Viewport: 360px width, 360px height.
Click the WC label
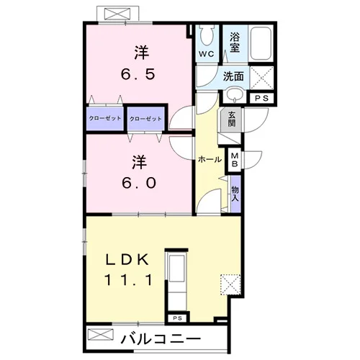(x=207, y=54)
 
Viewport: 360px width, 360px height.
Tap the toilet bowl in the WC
(x=207, y=36)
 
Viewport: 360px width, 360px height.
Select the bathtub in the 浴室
(x=261, y=43)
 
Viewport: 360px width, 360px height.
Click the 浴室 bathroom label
(x=235, y=42)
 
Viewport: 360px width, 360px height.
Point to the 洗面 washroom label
(x=233, y=76)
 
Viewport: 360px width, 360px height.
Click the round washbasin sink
(x=235, y=95)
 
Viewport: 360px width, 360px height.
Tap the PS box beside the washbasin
(x=261, y=98)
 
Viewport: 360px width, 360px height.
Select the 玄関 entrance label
(x=231, y=120)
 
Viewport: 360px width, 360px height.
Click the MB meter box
(x=235, y=160)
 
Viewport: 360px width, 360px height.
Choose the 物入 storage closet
(x=235, y=194)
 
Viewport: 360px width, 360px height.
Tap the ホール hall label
(x=210, y=159)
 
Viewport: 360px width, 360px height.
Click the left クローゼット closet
(x=105, y=119)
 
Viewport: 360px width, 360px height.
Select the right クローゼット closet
(x=145, y=119)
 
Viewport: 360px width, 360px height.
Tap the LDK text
(x=127, y=259)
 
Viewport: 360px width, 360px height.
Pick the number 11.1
(x=128, y=280)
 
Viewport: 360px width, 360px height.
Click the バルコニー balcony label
(x=161, y=339)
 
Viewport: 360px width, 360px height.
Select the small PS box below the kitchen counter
(x=178, y=318)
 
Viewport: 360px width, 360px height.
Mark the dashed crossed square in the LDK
(x=230, y=285)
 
